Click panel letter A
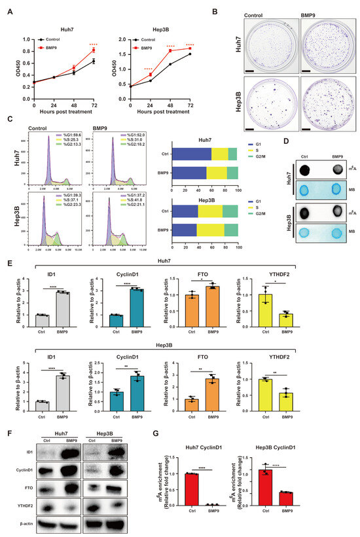(x=7, y=10)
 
